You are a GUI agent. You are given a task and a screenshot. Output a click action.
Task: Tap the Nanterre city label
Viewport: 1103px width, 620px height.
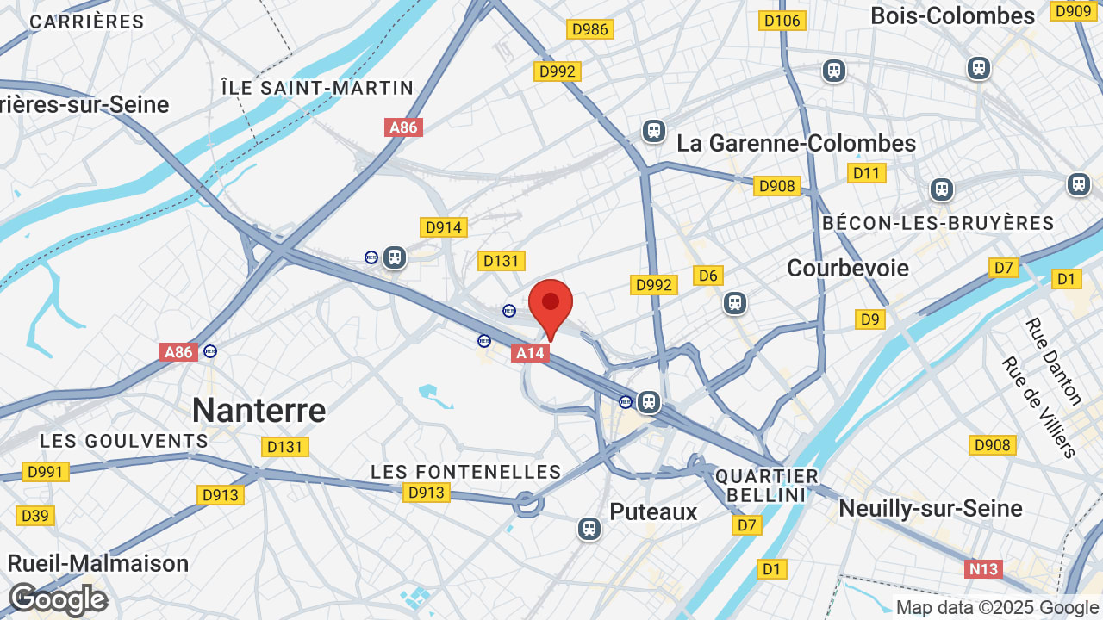tap(259, 410)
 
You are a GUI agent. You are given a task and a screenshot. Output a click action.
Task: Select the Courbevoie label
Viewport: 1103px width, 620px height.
tap(848, 268)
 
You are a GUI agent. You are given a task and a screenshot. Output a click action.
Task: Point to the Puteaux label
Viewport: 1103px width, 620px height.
tap(653, 512)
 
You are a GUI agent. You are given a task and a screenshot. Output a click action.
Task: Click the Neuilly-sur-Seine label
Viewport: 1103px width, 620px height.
tap(931, 508)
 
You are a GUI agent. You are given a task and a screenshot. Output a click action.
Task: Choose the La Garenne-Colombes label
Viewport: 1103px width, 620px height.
tap(796, 143)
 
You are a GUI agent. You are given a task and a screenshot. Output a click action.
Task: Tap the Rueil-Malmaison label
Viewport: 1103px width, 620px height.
tap(98, 563)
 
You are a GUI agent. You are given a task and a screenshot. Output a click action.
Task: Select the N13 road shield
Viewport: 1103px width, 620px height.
tap(983, 568)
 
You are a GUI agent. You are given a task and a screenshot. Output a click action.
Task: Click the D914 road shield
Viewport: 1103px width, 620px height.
tap(443, 227)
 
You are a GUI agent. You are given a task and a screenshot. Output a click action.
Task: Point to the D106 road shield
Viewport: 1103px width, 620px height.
tap(782, 20)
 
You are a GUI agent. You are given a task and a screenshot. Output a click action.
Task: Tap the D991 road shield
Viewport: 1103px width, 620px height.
tap(45, 472)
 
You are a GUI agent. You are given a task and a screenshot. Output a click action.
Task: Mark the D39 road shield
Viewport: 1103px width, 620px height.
tap(34, 516)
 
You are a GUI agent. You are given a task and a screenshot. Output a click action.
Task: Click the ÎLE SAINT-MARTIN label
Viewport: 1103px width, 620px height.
tap(317, 88)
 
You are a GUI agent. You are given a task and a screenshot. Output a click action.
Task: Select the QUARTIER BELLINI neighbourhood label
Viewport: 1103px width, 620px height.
tap(767, 486)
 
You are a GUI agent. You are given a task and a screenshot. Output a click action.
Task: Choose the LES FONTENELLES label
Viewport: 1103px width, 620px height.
tap(465, 472)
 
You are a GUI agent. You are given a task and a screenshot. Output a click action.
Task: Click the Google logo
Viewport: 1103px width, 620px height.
tap(58, 599)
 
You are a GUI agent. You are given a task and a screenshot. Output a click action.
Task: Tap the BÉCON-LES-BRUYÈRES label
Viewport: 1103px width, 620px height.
tap(938, 223)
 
